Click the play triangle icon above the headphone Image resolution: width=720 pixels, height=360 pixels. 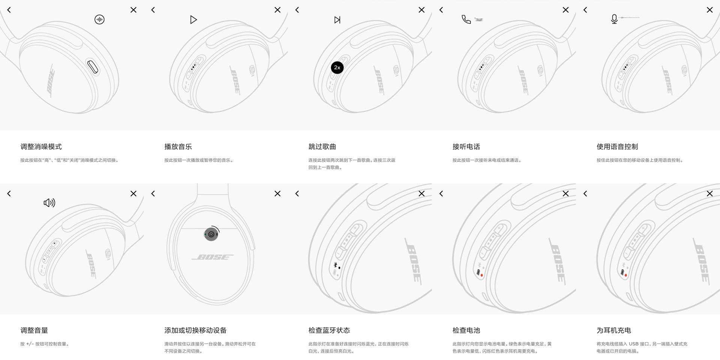(x=193, y=19)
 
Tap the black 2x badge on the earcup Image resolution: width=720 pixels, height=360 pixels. (x=337, y=67)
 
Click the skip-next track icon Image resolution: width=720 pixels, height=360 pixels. (x=337, y=20)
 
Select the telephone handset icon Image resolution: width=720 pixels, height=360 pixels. (x=466, y=19)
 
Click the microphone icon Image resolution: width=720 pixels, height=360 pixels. (x=614, y=19)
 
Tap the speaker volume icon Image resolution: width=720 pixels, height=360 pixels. (x=49, y=203)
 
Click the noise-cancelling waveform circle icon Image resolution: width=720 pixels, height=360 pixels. (x=99, y=19)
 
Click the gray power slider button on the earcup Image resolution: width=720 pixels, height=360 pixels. (x=211, y=234)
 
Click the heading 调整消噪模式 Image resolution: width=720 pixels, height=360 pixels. (x=41, y=147)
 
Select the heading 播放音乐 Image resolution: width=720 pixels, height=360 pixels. (x=178, y=147)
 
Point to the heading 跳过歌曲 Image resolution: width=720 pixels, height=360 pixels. (x=322, y=147)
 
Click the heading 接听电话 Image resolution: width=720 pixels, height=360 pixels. (x=466, y=147)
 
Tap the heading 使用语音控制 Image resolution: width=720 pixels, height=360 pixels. (x=617, y=147)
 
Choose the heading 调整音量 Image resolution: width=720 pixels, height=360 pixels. (x=34, y=330)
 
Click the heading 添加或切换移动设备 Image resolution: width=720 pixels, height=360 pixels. (x=195, y=330)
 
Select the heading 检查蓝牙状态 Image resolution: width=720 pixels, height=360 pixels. (x=329, y=330)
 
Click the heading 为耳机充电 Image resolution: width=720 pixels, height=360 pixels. (x=613, y=330)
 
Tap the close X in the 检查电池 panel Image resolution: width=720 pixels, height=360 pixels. (x=565, y=193)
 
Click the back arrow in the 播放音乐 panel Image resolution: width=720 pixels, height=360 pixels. (x=153, y=10)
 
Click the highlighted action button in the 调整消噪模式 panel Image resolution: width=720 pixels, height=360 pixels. (x=93, y=67)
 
